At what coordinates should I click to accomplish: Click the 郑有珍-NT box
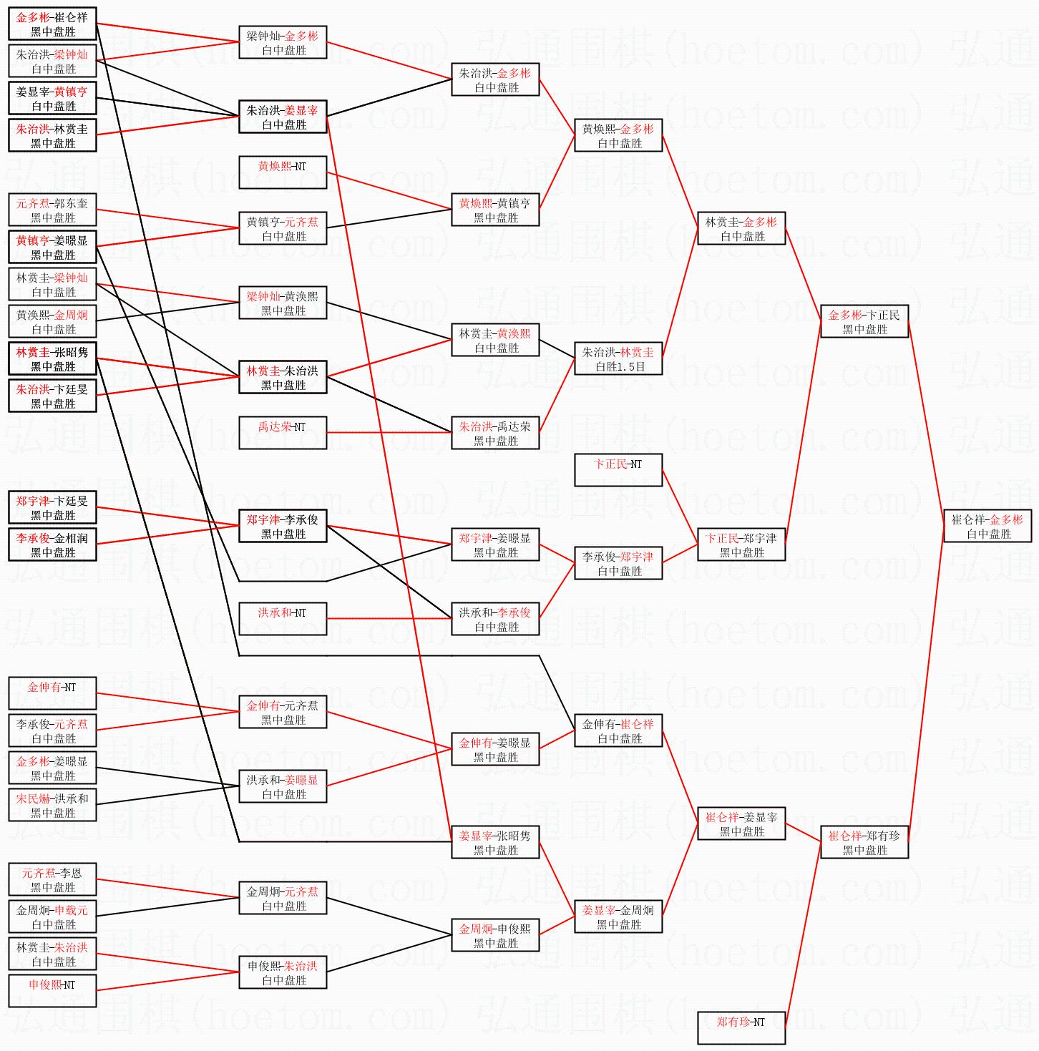[x=741, y=1027]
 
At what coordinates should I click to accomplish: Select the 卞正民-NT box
[x=618, y=469]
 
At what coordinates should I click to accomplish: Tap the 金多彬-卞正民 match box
[x=864, y=322]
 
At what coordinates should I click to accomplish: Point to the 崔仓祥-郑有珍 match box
[x=864, y=842]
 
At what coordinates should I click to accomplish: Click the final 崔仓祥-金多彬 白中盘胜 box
[x=987, y=526]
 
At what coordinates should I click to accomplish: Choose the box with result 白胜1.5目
[x=618, y=359]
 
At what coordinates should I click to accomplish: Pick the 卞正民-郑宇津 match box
[x=741, y=544]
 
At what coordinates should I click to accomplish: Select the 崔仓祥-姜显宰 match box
[x=741, y=823]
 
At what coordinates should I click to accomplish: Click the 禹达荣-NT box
[x=283, y=432]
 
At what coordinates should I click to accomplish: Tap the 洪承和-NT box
[x=283, y=619]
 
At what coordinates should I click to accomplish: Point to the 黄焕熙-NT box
[x=283, y=172]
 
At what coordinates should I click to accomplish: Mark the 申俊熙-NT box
[x=52, y=991]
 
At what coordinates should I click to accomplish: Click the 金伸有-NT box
[x=52, y=693]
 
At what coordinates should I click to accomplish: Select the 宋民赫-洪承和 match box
[x=52, y=805]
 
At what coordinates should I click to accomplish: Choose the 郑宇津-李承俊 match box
[x=283, y=527]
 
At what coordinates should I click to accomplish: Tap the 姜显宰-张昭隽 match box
[x=495, y=842]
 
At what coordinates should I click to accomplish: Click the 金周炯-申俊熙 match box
[x=495, y=935]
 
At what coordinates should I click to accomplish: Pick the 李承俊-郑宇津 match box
[x=618, y=563]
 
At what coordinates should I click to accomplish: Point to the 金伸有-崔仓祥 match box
[x=618, y=730]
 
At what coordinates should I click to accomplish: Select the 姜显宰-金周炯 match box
[x=618, y=916]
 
